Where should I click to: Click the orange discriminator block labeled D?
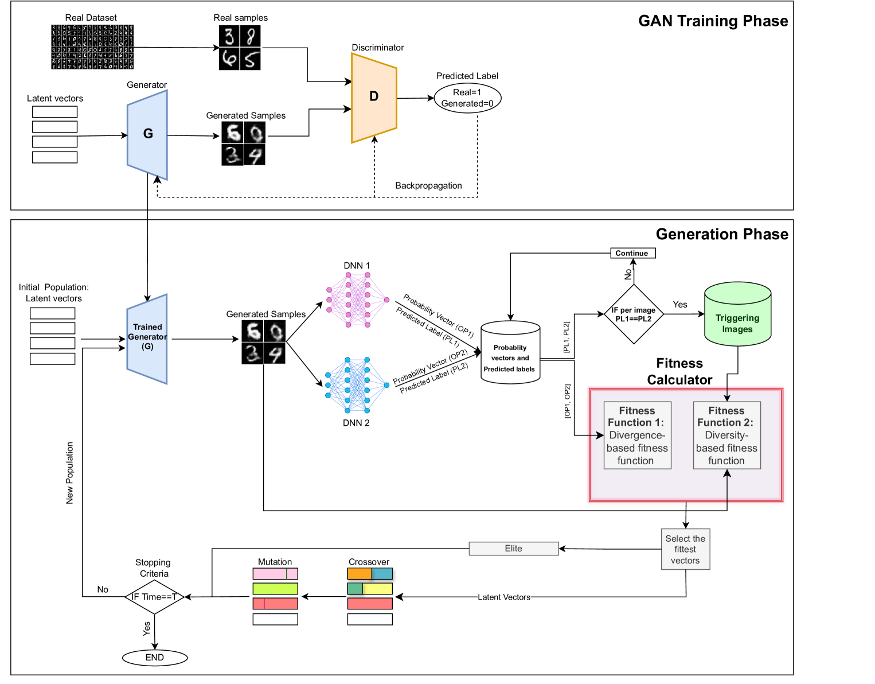[374, 98]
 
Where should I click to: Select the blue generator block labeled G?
[147, 135]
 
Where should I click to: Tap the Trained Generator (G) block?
[147, 339]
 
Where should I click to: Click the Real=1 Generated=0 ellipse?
[467, 98]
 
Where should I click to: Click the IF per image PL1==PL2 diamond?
[634, 314]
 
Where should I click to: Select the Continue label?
[632, 253]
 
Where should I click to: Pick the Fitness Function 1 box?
[637, 436]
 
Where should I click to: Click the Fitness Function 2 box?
[726, 436]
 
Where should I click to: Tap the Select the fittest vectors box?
[685, 549]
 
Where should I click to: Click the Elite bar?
[513, 549]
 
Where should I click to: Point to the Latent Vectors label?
[504, 597]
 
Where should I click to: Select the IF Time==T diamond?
[154, 597]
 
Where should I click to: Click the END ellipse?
[155, 658]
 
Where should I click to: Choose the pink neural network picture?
[358, 301]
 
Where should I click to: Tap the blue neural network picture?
[358, 386]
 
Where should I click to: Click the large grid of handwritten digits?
[92, 47]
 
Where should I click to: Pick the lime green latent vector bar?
[275, 589]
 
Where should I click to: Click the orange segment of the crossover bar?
[360, 573]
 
